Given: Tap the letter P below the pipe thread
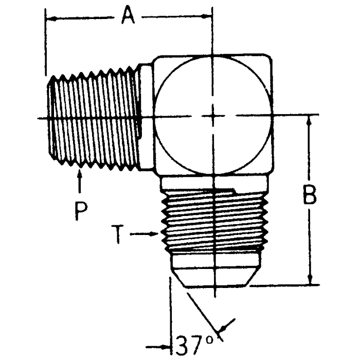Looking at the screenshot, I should tap(80, 210).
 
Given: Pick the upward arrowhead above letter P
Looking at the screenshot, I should tap(80, 175).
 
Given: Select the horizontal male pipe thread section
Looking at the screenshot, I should tap(95, 118).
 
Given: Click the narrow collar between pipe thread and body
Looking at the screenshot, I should tap(146, 118).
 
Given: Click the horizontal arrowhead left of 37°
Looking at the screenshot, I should tap(165, 344).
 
